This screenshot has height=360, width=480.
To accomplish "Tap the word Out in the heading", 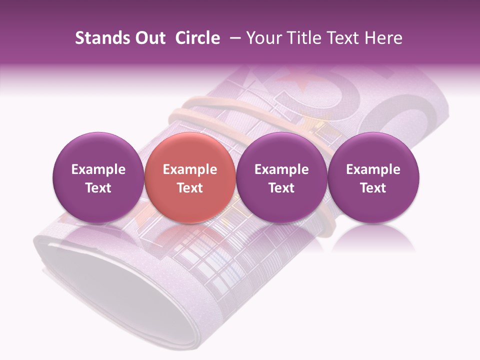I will pos(148,38).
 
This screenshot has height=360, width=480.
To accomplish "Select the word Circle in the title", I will pos(197,38).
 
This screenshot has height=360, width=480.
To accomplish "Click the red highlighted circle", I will pos(189,177).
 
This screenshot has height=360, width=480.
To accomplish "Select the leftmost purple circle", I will pos(98,177).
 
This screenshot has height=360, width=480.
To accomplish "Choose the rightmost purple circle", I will pos(373,177).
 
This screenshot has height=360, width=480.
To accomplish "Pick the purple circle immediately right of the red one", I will pos(281,177).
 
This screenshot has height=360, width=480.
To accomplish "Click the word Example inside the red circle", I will pos(190,169).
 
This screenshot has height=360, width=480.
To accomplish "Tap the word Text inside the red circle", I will pos(190,188).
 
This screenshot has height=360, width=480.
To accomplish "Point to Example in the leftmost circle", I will pos(98,169).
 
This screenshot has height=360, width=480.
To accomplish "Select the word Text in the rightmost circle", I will pos(373,188).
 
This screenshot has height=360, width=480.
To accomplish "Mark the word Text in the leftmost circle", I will pos(98,188).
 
